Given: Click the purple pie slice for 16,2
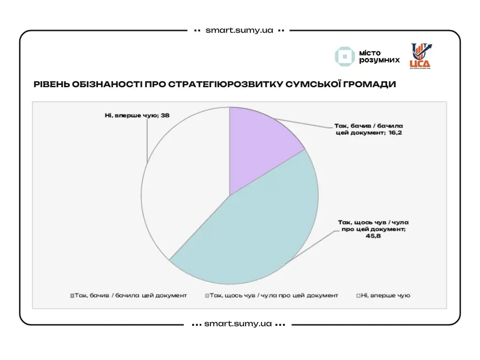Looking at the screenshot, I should click(260, 145).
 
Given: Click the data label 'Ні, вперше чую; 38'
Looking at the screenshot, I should click(136, 115).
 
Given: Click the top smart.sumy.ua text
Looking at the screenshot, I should click(239, 30).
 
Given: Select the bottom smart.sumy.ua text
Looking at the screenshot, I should click(238, 324).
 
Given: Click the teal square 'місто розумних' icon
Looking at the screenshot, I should click(345, 56).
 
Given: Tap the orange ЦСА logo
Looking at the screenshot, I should click(420, 56).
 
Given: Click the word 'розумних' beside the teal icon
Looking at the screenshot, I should click(379, 60).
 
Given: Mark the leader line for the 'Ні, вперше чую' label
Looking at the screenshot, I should click(148, 141).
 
